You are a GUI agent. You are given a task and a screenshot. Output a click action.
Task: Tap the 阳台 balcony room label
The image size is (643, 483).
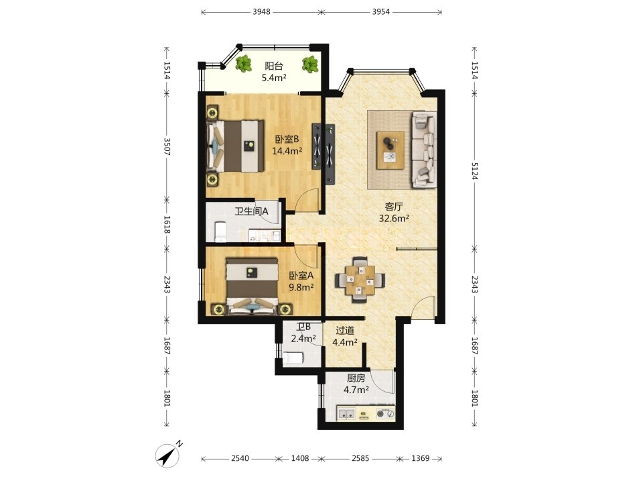coord(274,66)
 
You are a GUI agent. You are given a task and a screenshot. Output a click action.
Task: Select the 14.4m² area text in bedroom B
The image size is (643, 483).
coord(287,151)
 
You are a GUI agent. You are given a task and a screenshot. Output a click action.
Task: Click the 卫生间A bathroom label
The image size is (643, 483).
coord(251,211)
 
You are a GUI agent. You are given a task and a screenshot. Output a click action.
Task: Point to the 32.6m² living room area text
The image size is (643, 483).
coord(394,219)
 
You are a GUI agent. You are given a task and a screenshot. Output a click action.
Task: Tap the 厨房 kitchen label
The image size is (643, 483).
coord(356,378)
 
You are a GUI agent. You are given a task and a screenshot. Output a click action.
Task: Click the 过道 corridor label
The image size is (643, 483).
coord(345,331)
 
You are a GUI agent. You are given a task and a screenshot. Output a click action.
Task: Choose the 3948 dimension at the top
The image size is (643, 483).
coord(261,11)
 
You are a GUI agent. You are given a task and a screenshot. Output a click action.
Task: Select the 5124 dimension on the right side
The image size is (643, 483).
coord(475,171)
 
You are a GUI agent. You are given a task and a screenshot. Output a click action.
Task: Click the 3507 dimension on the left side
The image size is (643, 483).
coord(167,146)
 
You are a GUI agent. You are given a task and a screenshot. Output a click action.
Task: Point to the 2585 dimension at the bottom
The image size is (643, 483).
coord(360,458)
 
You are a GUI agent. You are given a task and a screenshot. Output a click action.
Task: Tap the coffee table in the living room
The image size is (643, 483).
coord(390,150)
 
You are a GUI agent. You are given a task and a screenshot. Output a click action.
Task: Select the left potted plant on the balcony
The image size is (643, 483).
coord(244,64)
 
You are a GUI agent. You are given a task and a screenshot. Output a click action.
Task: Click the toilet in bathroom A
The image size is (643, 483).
coord(220,231)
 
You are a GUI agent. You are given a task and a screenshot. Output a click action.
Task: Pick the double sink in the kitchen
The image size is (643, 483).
coord(347,414)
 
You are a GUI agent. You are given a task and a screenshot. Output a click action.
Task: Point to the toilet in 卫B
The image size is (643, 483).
coord(293,358)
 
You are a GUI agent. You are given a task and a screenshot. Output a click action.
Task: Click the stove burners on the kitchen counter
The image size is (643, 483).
coord(386,414)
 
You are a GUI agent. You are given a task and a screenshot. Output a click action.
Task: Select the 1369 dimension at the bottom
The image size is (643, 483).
coord(421,458)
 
